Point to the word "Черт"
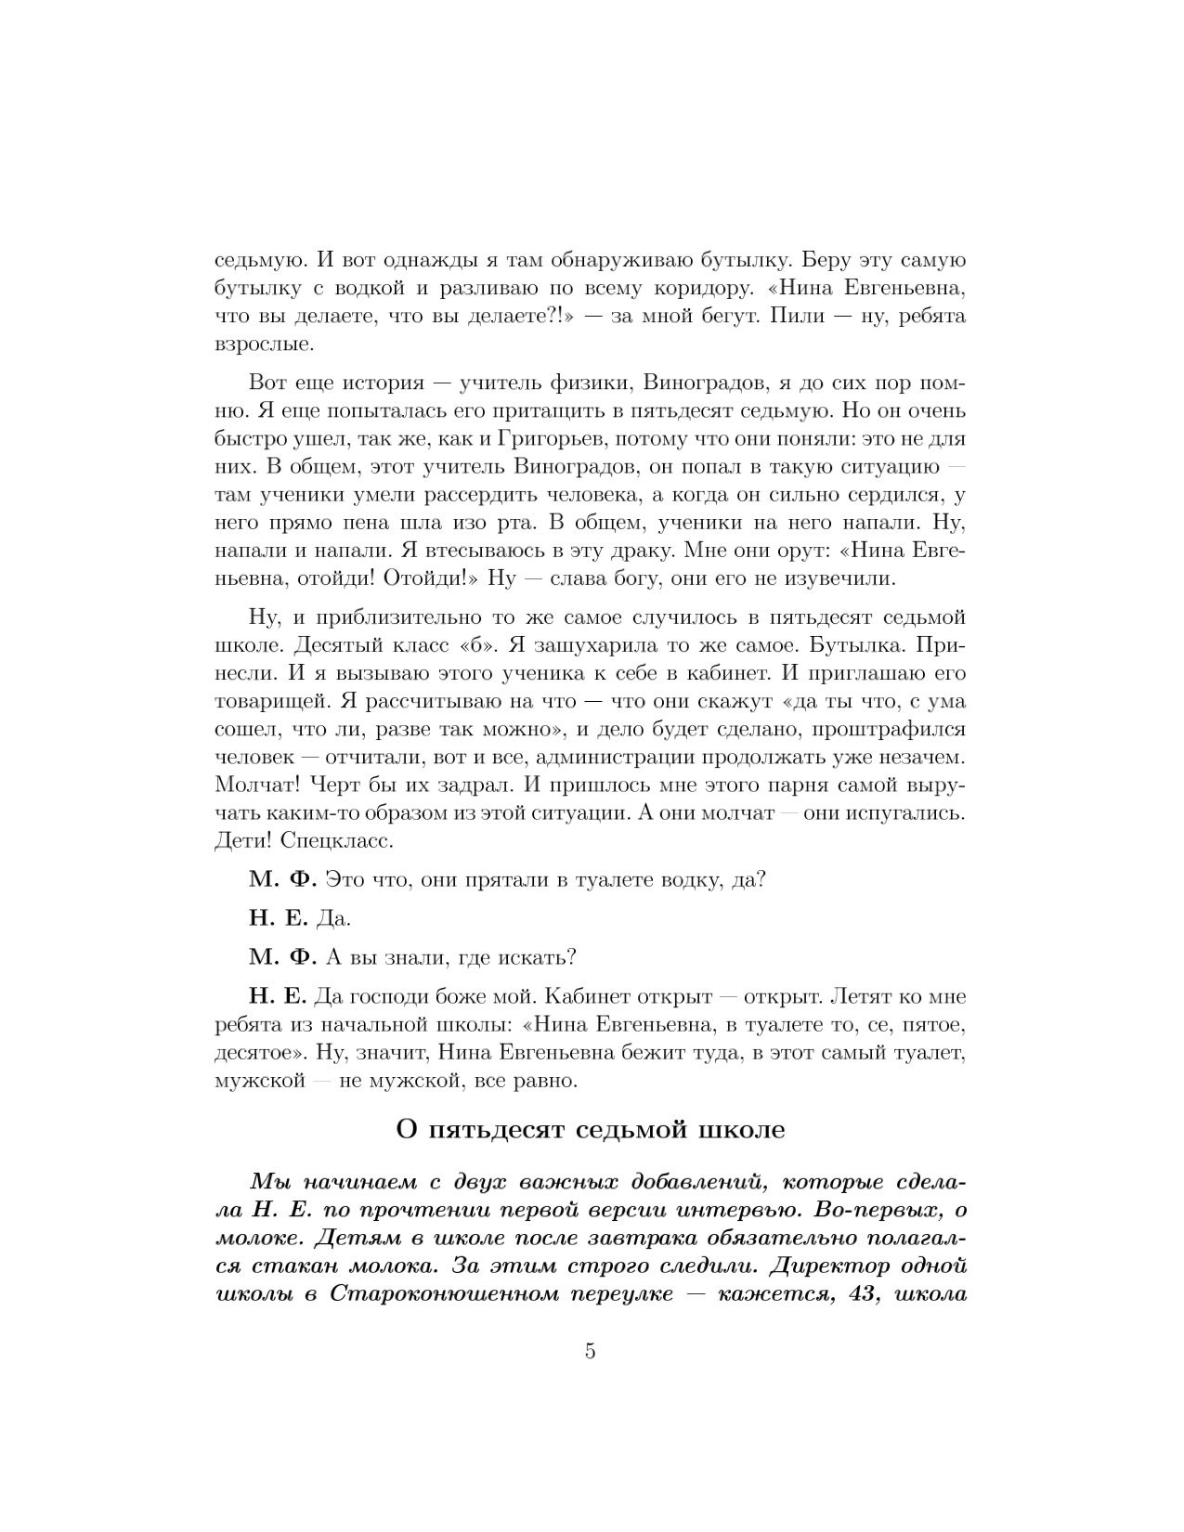pyautogui.click(x=339, y=785)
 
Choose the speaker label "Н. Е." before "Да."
pyautogui.click(x=278, y=918)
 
